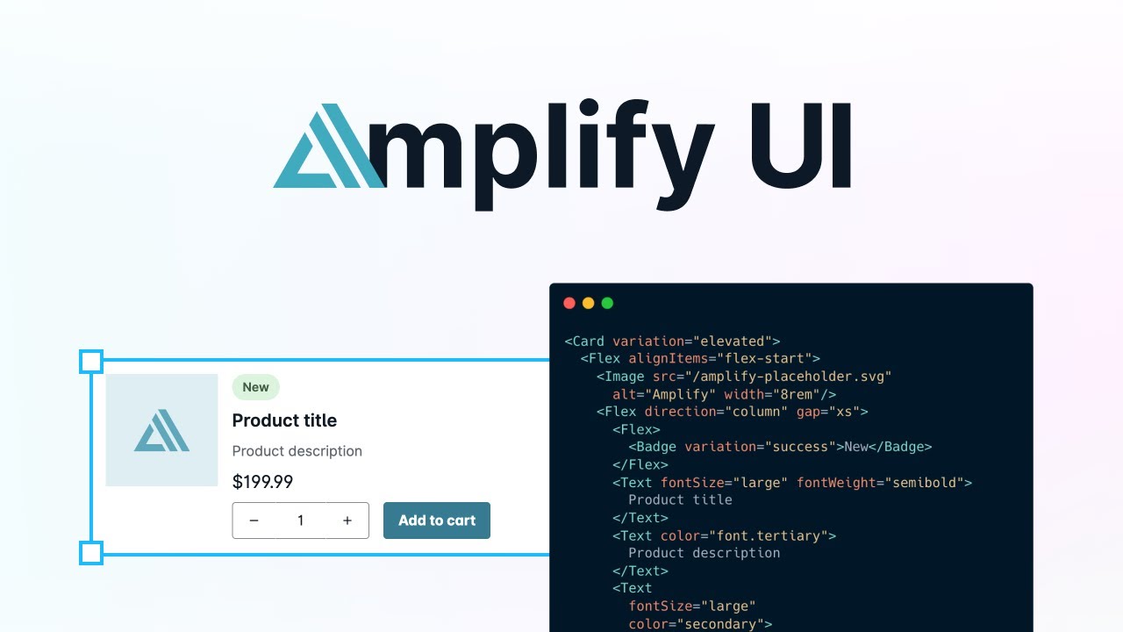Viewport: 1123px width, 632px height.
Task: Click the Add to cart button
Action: [436, 521]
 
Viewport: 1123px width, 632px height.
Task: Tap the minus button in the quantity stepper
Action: [254, 521]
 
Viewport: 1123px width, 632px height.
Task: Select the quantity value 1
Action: [300, 521]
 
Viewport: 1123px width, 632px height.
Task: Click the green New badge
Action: [255, 387]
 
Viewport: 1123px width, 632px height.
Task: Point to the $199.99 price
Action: [262, 482]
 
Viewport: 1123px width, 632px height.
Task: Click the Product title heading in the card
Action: [284, 420]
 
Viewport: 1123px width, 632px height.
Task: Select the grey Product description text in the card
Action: [297, 451]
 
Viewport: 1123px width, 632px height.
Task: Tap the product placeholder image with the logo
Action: [161, 430]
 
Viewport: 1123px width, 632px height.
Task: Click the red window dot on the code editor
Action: [569, 304]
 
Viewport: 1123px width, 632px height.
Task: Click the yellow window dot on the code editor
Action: [588, 304]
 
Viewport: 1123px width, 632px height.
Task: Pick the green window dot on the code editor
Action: [607, 304]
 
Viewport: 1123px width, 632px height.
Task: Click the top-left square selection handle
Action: [91, 361]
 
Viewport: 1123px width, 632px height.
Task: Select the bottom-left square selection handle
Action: [91, 553]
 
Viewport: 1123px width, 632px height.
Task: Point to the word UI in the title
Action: [800, 147]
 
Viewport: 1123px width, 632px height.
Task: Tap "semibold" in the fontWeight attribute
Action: [926, 483]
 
